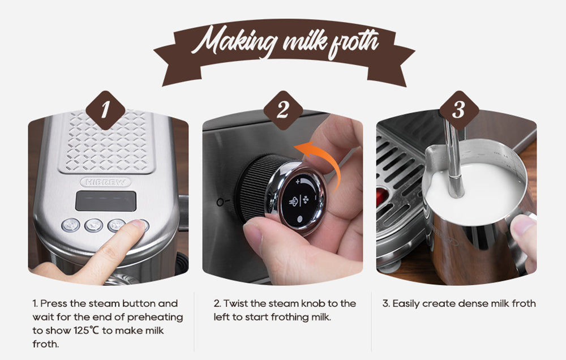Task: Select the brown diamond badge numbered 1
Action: coord(105,110)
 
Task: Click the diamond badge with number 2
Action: coord(282,110)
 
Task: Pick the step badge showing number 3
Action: coord(459,110)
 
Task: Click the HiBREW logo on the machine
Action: coord(105,182)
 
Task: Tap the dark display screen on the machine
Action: coord(105,201)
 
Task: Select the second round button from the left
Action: coord(93,225)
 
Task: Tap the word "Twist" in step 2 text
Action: coord(237,304)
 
